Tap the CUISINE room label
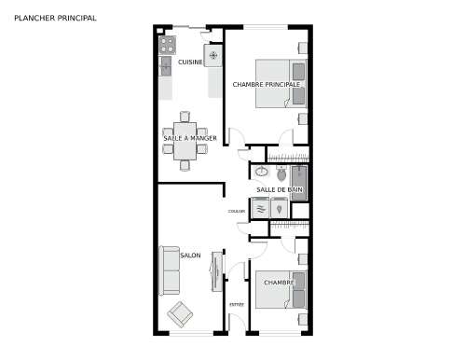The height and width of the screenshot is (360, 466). [191, 62]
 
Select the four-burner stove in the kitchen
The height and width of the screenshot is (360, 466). [168, 43]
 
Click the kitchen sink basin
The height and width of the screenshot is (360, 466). [166, 66]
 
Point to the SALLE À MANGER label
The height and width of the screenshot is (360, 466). [190, 138]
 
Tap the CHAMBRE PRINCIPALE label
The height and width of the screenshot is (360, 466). [267, 84]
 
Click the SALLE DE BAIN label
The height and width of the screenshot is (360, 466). [280, 190]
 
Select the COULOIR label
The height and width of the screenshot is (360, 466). [237, 212]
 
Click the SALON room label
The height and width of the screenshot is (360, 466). [190, 256]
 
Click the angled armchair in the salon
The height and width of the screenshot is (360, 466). [180, 314]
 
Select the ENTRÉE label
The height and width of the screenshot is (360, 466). [236, 305]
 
